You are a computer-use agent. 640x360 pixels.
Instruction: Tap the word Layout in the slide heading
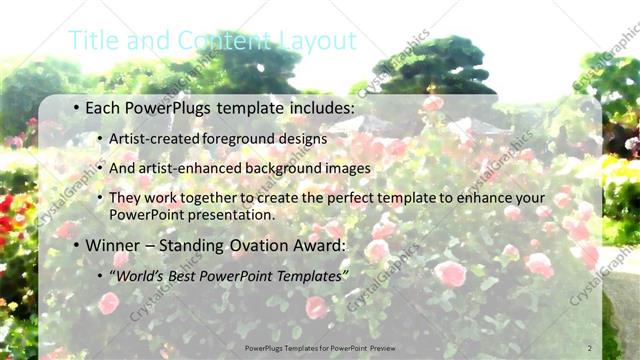coord(320,40)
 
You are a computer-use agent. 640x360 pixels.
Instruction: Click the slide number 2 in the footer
coord(589,347)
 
